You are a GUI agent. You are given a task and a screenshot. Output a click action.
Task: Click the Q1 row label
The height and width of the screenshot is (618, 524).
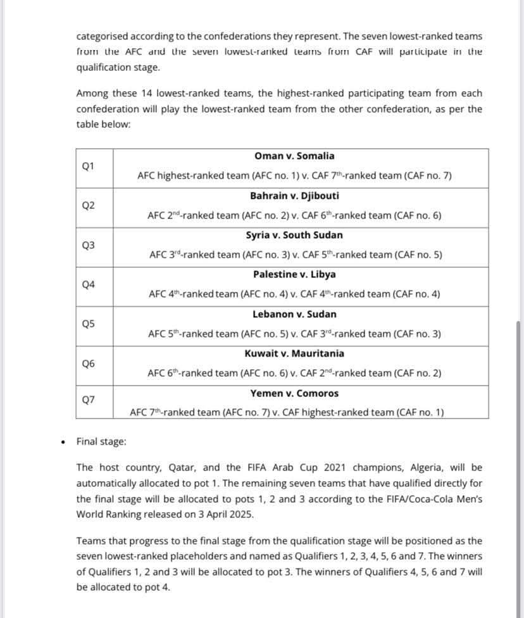coord(88,167)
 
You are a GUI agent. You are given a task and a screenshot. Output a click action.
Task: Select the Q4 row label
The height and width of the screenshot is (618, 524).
coord(88,284)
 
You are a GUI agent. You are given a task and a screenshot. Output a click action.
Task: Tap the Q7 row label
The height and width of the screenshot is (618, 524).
coord(88,400)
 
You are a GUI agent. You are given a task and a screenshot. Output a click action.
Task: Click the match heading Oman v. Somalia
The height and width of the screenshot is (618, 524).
coord(294,156)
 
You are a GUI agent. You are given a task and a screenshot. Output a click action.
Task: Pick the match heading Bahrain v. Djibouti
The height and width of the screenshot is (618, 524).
coord(294,195)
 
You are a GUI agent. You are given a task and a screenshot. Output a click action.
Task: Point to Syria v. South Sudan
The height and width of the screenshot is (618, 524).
coord(294,235)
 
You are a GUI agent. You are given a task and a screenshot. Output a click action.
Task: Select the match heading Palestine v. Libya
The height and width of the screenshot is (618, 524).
coord(294,274)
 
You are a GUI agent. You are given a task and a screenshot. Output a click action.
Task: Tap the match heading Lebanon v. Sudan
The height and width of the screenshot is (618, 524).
coord(294,314)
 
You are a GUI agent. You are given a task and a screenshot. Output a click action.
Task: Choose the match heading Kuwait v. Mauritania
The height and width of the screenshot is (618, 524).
coord(294,353)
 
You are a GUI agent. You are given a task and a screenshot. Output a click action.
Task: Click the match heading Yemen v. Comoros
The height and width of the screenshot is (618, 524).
coord(294,393)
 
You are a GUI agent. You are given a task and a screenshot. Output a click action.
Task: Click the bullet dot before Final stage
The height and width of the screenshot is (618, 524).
coord(61,441)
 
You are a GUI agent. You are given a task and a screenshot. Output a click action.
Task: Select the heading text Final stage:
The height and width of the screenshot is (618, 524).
coord(101,441)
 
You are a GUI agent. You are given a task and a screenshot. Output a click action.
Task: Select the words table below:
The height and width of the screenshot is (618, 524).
coord(103,124)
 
